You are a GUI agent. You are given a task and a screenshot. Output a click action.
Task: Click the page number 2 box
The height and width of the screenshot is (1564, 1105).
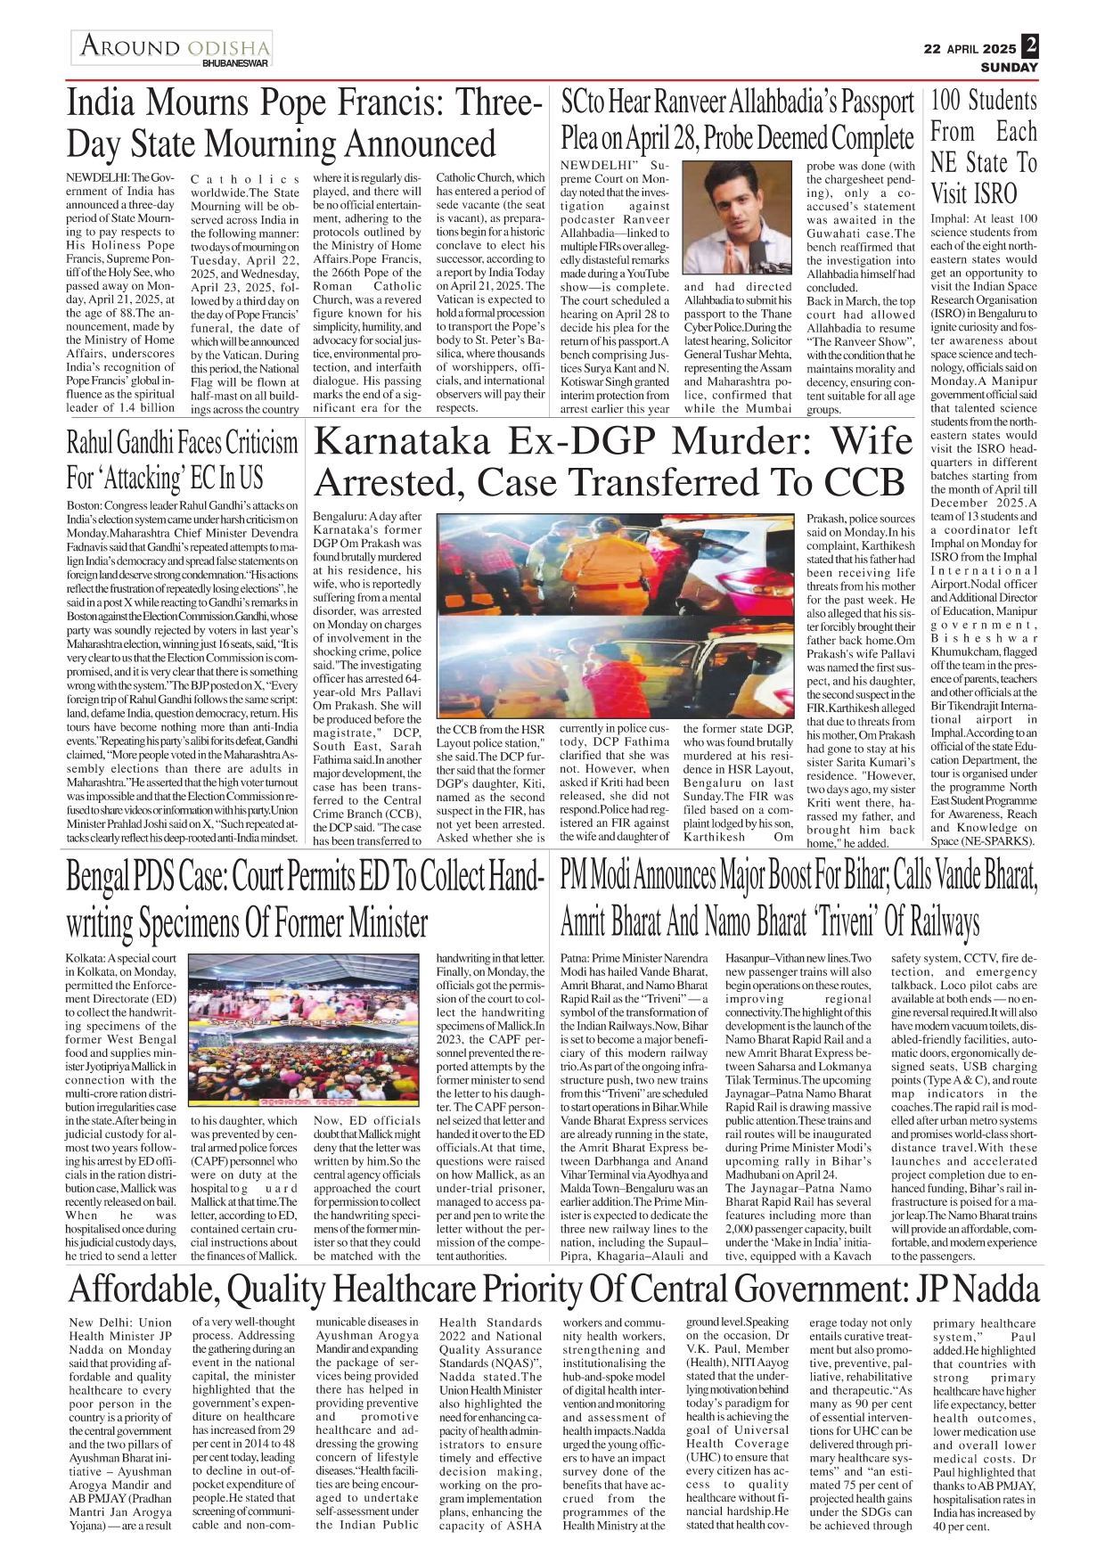1030,45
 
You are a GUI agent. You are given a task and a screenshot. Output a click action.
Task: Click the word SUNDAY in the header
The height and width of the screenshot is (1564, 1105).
1009,68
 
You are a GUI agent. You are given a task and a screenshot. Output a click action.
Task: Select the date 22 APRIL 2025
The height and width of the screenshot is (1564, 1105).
969,49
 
